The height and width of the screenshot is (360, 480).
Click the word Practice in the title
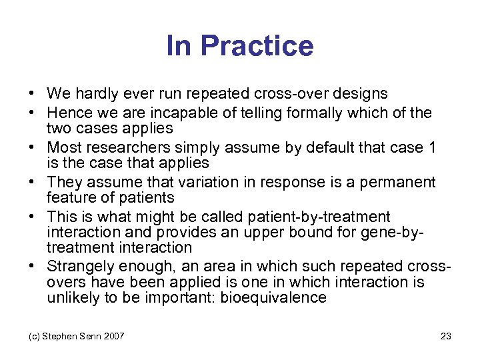pyautogui.click(x=257, y=46)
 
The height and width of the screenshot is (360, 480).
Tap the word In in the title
pyautogui.click(x=179, y=46)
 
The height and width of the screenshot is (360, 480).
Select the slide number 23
pyautogui.click(x=445, y=336)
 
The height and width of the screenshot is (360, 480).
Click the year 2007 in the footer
pyautogui.click(x=113, y=336)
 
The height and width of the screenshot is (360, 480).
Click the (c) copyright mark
pyautogui.click(x=34, y=336)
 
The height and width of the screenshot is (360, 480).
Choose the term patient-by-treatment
pyautogui.click(x=319, y=217)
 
